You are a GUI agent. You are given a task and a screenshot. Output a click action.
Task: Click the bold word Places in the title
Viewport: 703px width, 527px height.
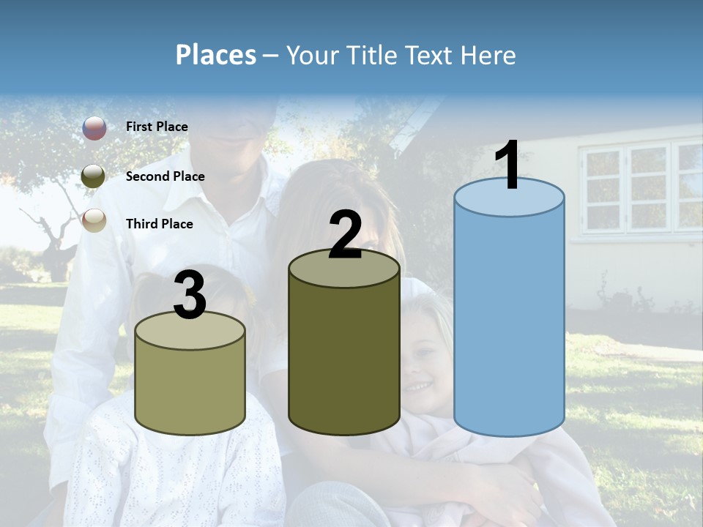click(x=216, y=55)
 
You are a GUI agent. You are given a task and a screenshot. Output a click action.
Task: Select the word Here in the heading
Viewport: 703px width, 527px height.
click(x=488, y=55)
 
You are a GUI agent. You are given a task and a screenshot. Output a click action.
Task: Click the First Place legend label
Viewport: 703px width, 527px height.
click(x=157, y=127)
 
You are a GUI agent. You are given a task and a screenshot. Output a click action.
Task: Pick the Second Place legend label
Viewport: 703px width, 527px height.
click(x=165, y=176)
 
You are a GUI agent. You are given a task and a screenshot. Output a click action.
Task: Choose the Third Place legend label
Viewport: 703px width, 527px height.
click(x=159, y=224)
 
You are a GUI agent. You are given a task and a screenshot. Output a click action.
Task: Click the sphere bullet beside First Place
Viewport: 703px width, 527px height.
click(x=94, y=128)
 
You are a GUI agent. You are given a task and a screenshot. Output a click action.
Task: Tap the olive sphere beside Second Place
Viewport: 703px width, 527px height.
click(x=94, y=176)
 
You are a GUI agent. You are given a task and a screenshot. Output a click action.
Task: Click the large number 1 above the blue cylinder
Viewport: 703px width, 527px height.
click(x=507, y=166)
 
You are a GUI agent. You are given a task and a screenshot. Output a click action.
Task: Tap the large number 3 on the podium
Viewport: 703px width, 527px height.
click(x=190, y=295)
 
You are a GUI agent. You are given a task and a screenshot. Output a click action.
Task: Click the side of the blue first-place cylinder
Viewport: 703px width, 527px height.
click(x=509, y=322)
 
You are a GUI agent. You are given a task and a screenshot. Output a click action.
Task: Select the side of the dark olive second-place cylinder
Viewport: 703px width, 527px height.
click(x=344, y=351)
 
